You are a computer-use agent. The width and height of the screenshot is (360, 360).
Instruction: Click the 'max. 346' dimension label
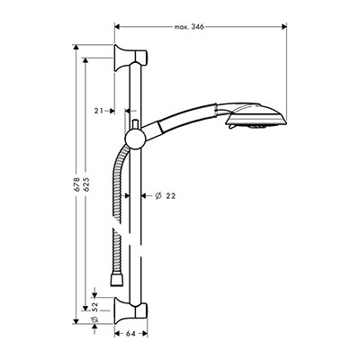click(189, 27)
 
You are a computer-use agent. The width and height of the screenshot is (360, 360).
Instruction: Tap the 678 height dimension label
click(76, 184)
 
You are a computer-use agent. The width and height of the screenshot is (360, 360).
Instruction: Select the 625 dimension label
click(86, 184)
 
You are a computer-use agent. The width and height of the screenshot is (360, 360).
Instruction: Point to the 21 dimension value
click(99, 111)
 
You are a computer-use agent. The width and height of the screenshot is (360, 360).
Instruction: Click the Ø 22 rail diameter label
click(165, 196)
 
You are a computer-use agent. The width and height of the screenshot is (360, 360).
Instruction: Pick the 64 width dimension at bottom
click(130, 334)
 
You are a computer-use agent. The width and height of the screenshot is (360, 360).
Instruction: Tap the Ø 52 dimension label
click(94, 312)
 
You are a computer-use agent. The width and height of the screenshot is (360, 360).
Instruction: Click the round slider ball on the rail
click(134, 139)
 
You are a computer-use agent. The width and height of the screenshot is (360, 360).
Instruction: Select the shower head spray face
click(257, 123)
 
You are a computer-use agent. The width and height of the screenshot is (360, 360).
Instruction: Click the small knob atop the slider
click(135, 124)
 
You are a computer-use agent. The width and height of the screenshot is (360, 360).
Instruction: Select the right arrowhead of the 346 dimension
click(284, 27)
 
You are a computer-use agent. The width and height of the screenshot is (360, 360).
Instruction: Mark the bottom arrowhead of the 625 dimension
click(85, 308)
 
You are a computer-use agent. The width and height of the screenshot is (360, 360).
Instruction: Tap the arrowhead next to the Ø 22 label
click(144, 196)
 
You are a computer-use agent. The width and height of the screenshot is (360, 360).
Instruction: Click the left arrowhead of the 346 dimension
click(118, 27)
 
